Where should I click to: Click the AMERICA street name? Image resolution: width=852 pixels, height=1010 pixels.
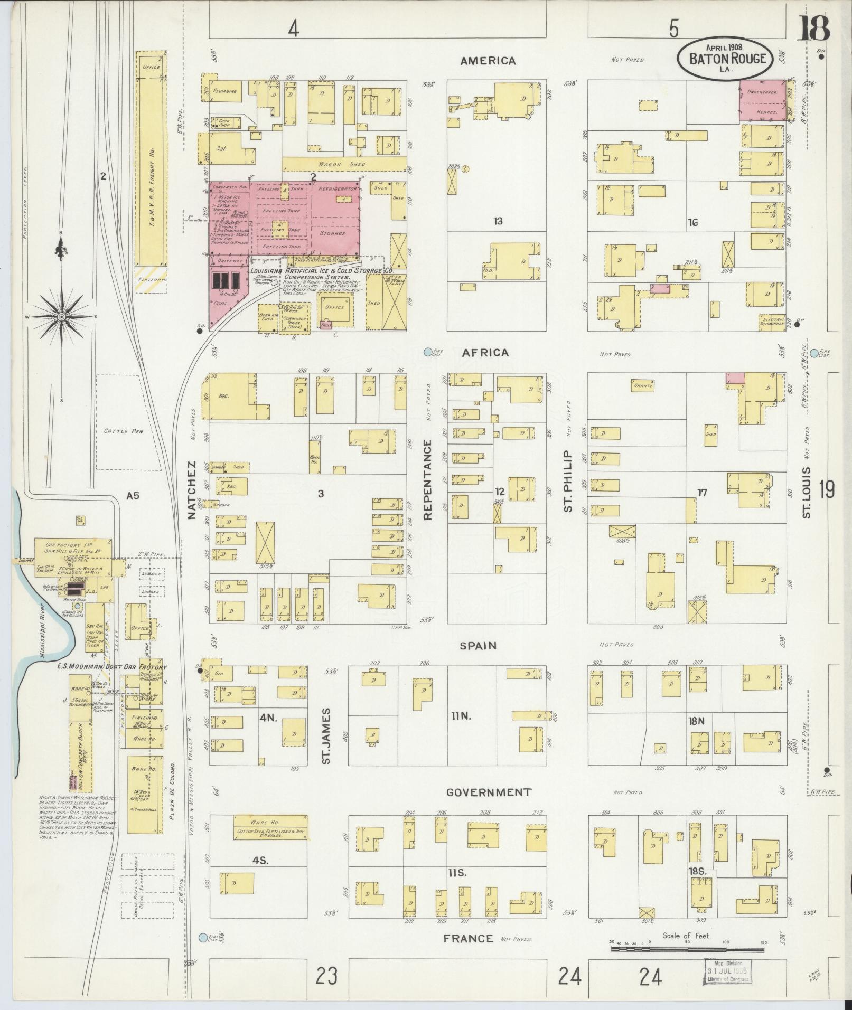point(488,61)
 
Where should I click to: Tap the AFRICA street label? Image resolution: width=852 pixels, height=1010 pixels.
point(485,353)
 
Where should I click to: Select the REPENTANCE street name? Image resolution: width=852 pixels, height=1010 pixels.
point(428,479)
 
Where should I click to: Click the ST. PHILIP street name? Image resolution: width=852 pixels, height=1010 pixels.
point(568,480)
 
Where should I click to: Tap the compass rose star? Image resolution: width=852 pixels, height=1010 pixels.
point(61,316)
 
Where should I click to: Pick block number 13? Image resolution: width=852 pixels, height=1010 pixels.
point(497,221)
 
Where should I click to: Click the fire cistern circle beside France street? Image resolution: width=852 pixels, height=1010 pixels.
point(203,938)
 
